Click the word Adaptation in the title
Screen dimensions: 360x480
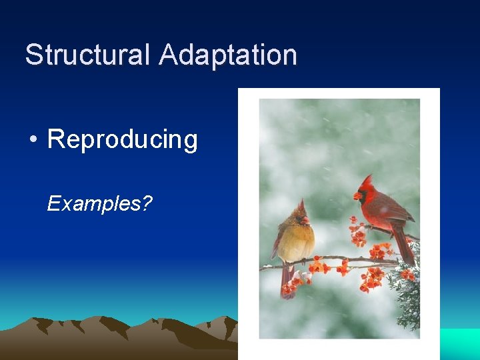228,55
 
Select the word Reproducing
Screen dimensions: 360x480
123,140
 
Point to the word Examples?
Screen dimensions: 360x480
99,204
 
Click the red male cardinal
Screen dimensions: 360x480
383,213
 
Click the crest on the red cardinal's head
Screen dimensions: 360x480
368,181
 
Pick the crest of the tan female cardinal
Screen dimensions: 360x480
301,205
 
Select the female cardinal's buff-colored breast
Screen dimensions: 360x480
299,243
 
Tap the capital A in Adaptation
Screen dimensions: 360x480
169,55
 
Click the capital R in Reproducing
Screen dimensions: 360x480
56,140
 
